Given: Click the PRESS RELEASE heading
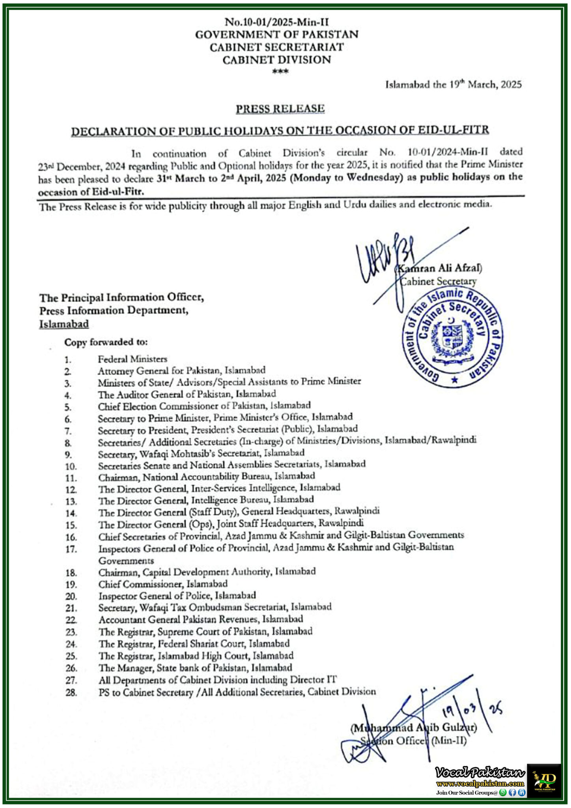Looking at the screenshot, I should pos(280,109).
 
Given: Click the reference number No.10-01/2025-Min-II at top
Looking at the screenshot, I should pos(277,22).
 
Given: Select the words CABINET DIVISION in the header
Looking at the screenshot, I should pos(277,60).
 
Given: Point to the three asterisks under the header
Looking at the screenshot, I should pos(280,71).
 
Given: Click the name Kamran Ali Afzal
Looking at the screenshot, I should pos(439,268).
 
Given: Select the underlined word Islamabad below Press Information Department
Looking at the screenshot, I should pos(64,324).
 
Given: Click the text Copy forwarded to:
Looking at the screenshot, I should pos(106,342).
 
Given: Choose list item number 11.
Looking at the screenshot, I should pos(71,478).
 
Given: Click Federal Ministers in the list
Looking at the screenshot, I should pos(132,359).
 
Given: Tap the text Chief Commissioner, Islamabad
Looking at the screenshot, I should pos(163,584).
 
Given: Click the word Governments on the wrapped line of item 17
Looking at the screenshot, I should pos(126,561).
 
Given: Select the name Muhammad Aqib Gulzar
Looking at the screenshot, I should pos(414,728).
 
